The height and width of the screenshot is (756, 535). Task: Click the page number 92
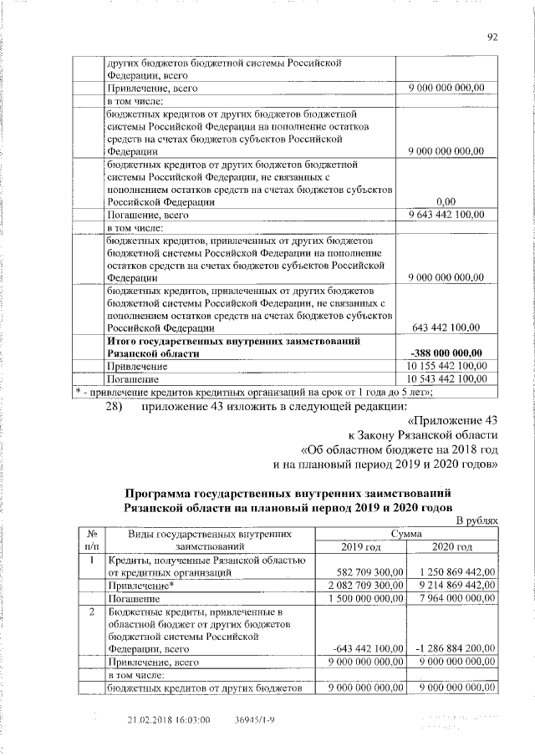coord(492,36)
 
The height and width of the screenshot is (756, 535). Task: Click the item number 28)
coord(115,407)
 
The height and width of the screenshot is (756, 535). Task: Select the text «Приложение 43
coord(452,420)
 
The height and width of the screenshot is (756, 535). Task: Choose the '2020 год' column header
coord(451,546)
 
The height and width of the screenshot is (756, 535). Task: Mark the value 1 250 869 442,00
coord(454,572)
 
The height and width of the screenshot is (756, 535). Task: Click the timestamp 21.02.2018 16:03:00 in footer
coord(168,718)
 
